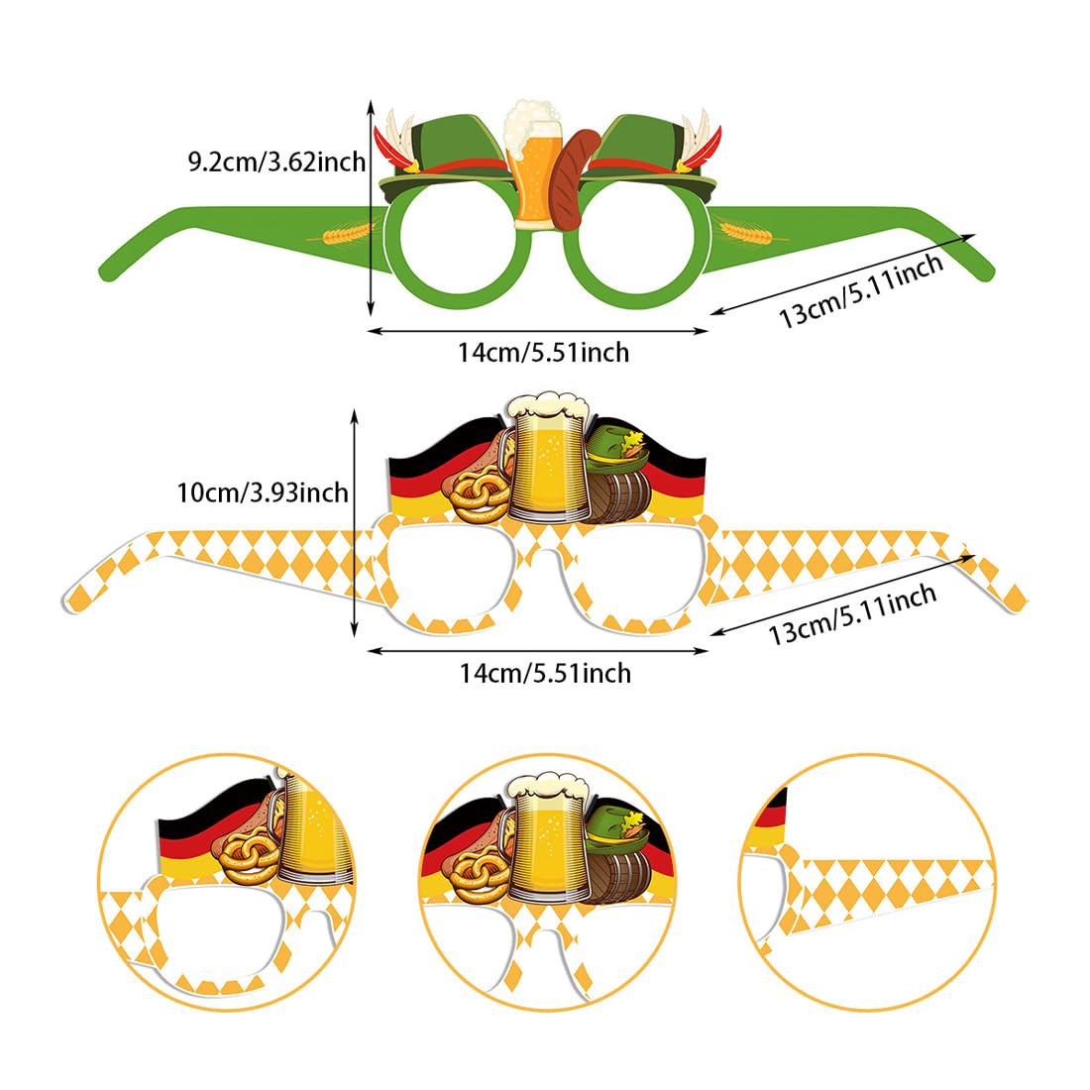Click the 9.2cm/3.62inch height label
click(276, 161)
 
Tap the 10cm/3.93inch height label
click(262, 491)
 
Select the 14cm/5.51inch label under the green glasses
click(543, 352)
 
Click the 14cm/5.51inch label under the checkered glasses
click(544, 673)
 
